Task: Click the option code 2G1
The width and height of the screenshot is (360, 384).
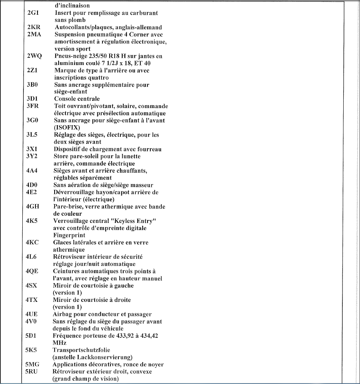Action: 33,13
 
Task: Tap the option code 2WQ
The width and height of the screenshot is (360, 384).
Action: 35,56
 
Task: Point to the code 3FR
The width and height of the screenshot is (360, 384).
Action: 33,106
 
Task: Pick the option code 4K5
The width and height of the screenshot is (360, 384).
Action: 32,221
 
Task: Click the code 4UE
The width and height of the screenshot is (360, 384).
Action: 32,314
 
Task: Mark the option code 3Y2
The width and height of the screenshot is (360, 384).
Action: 32,156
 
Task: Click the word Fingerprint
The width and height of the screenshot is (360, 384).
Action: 69,235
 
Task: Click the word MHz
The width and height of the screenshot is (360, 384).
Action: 59,343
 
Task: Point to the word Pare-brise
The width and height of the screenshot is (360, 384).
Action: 69,207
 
